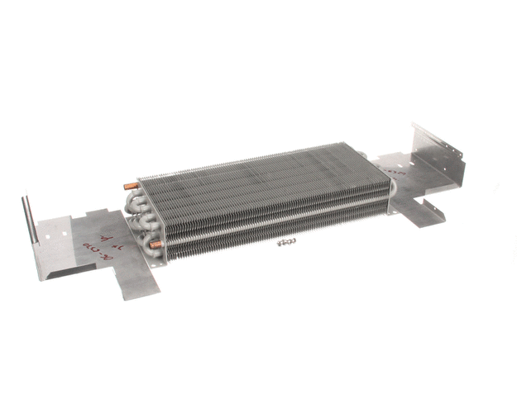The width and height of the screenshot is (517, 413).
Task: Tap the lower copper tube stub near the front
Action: (x=153, y=244)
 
